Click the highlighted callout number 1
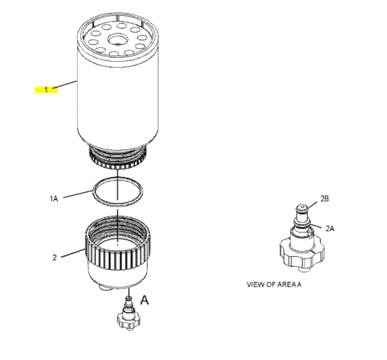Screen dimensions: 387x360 pos(46,89)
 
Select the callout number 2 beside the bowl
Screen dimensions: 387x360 pos(54,257)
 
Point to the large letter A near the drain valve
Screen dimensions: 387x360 pos(145,300)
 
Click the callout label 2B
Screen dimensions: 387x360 pos(324,198)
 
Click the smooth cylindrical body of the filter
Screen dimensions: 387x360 pos(118,99)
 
